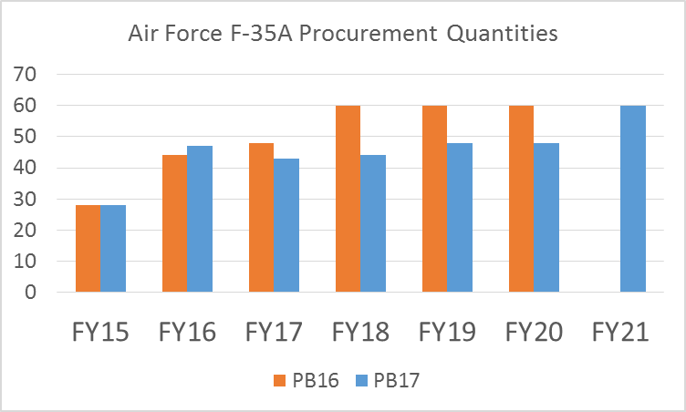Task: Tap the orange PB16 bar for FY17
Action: [261, 218]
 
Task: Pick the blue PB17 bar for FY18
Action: [373, 223]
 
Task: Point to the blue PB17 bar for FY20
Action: [547, 218]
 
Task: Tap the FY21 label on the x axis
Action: [620, 332]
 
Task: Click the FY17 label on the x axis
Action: [274, 332]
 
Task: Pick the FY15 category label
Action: [99, 332]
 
